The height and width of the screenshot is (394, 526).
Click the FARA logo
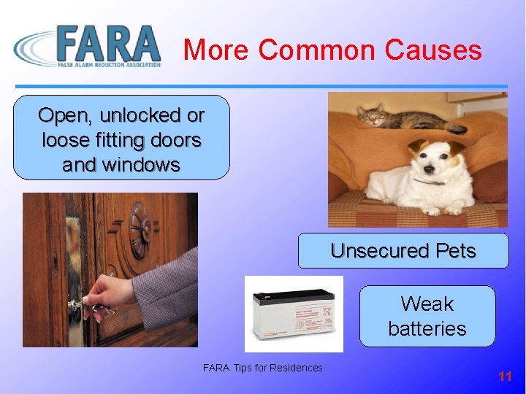pyautogui.click(x=88, y=46)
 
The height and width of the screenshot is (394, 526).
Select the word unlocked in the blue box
pyautogui.click(x=140, y=115)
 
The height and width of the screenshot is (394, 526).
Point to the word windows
pyautogui.click(x=142, y=165)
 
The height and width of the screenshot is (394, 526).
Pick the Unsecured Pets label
pyautogui.click(x=403, y=251)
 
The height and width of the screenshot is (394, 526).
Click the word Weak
pyautogui.click(x=427, y=304)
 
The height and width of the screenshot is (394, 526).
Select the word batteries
pyautogui.click(x=427, y=328)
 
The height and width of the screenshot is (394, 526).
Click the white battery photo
pyautogui.click(x=294, y=313)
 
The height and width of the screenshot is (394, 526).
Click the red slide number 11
pyautogui.click(x=505, y=376)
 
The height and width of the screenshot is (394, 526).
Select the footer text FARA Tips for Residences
pyautogui.click(x=262, y=368)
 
